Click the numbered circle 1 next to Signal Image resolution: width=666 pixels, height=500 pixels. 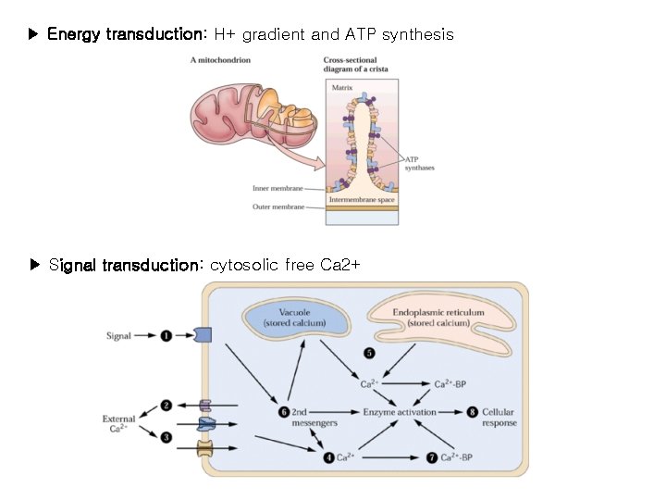[166, 336]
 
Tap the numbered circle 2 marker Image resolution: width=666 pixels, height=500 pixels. [166, 405]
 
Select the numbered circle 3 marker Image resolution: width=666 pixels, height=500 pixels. [166, 436]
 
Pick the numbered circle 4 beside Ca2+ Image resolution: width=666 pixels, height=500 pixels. [328, 457]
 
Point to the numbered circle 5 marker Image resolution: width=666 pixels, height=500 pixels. [370, 353]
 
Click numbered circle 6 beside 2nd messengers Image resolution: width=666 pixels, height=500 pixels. [284, 411]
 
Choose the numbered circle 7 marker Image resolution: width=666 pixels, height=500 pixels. [433, 457]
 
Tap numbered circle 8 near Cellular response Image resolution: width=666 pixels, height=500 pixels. [473, 411]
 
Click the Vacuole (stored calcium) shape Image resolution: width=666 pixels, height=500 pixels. [293, 318]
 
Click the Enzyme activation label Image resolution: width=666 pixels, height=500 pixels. [400, 411]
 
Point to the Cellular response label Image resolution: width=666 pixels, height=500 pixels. [499, 417]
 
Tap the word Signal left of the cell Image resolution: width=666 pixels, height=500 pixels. [119, 336]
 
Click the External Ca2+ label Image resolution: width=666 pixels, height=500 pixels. [118, 424]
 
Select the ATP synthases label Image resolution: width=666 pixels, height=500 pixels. [419, 163]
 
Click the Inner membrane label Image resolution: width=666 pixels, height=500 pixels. [277, 188]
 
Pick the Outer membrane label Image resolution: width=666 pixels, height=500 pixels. [277, 206]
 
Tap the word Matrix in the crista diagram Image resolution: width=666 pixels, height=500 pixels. [342, 88]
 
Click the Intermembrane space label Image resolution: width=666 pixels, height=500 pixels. [362, 199]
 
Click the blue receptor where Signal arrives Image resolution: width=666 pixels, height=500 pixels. [203, 335]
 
